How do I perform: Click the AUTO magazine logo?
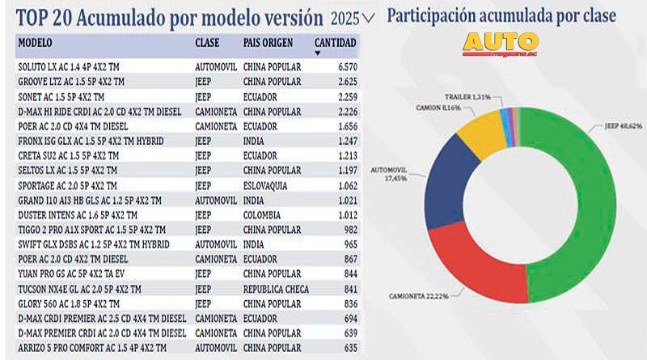[x=501, y=44]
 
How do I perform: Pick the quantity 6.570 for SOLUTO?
[x=345, y=66]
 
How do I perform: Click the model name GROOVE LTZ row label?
[x=70, y=82]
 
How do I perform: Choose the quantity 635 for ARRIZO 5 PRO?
[x=349, y=348]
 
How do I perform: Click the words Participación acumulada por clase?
[x=501, y=15]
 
